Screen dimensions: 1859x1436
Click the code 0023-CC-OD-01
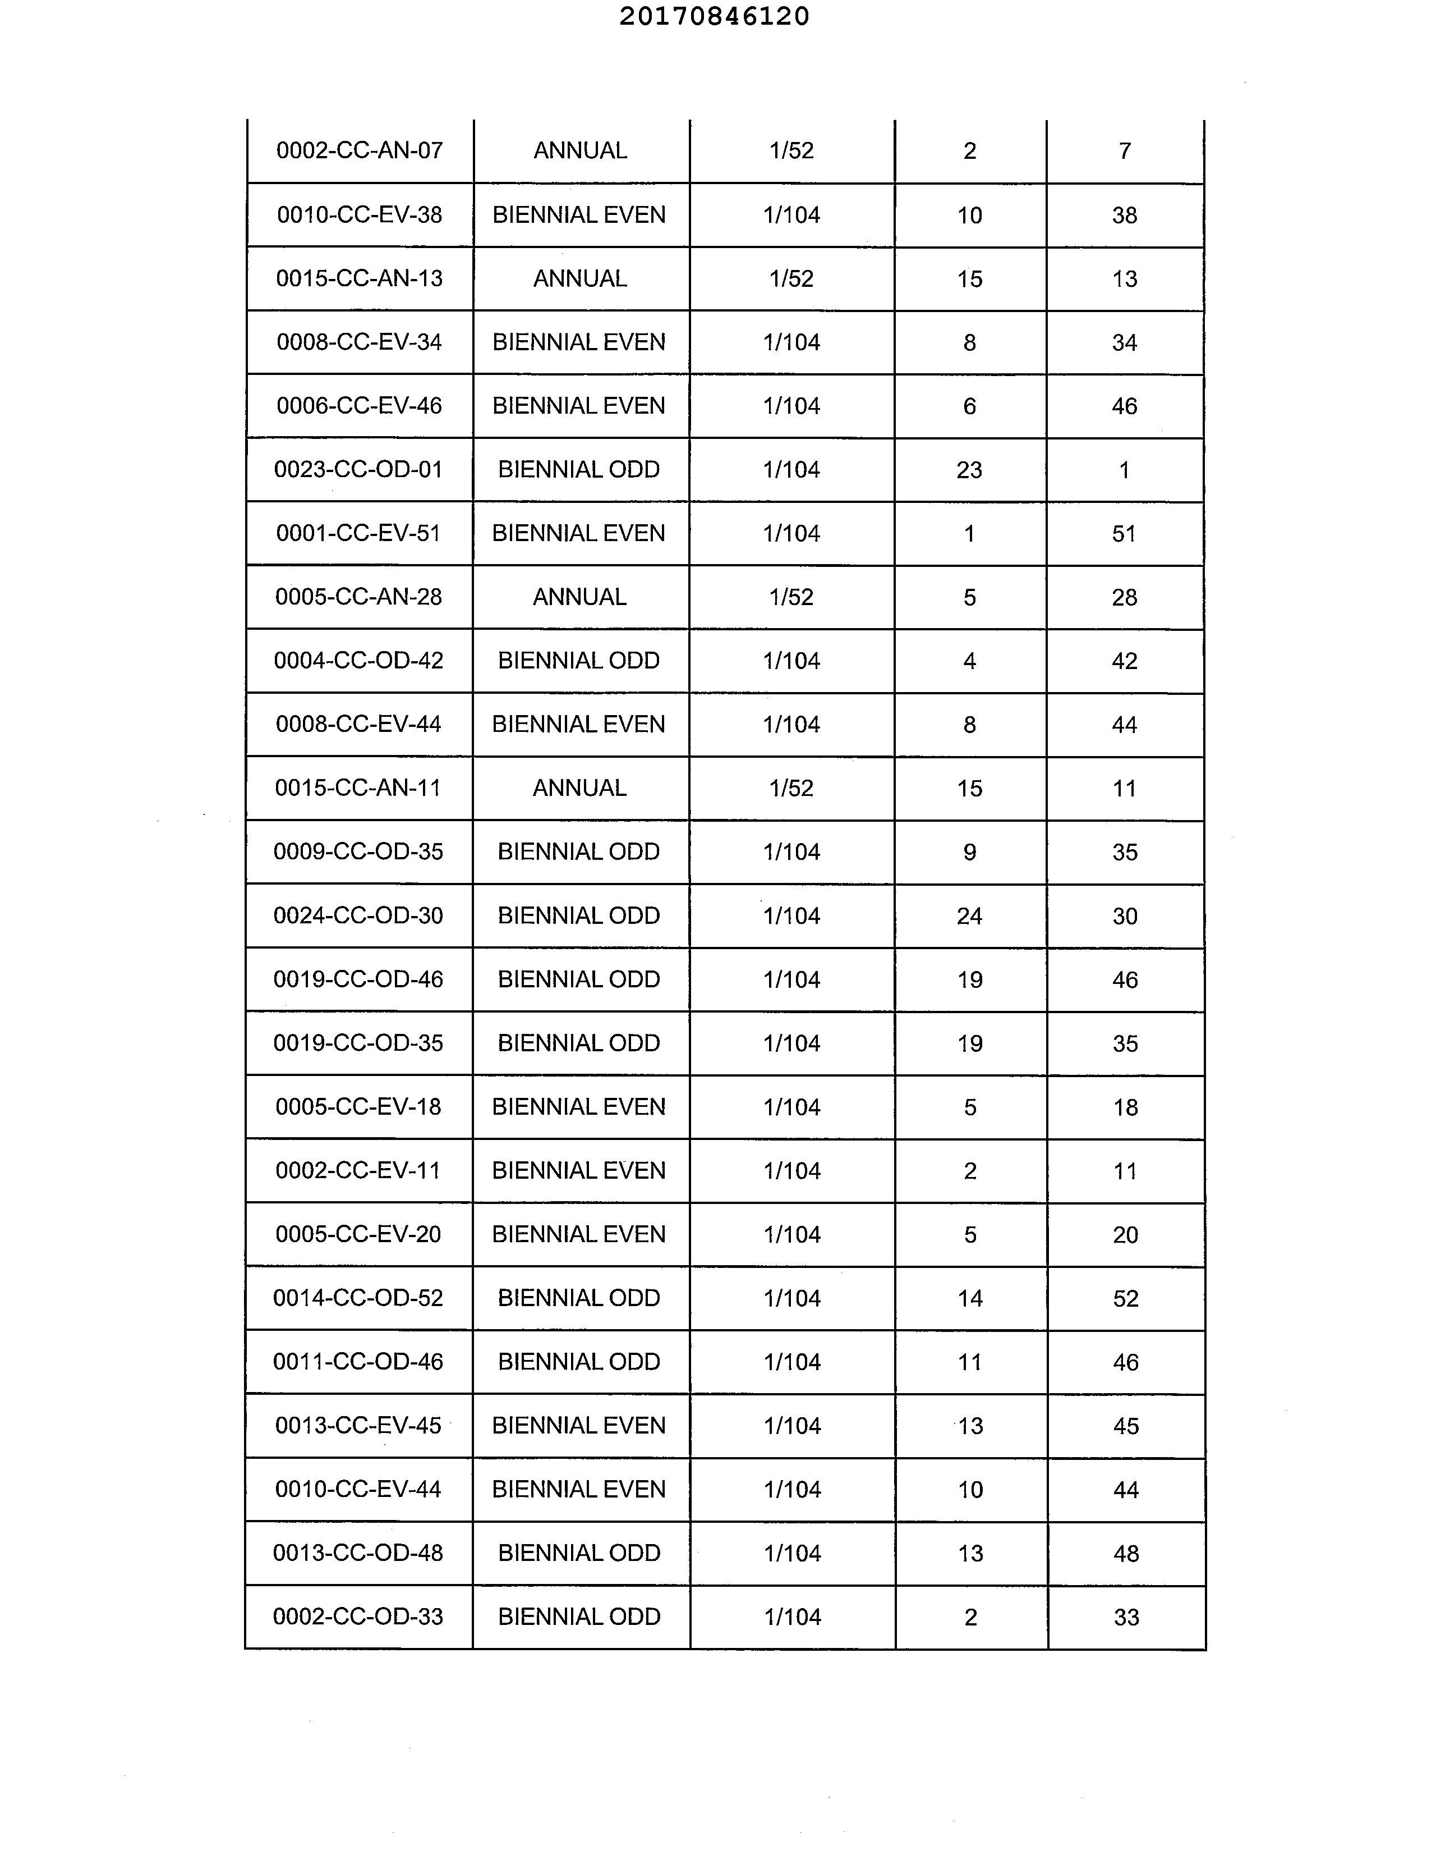pos(358,470)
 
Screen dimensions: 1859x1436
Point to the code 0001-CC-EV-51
pos(358,534)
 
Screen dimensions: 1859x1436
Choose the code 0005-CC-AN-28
pos(358,597)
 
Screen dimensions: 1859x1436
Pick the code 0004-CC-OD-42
pos(358,661)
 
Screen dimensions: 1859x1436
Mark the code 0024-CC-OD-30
pos(358,916)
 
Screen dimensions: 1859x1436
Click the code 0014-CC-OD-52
pos(358,1298)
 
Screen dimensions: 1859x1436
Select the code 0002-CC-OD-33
pos(358,1617)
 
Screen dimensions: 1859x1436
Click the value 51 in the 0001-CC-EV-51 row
pos(1124,534)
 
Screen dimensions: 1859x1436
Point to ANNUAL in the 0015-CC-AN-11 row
pos(579,788)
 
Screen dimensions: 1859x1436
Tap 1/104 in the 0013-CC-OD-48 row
pos(792,1554)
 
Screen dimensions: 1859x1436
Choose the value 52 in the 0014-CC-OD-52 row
pos(1125,1298)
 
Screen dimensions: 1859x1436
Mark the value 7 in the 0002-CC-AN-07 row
pos(1125,150)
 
